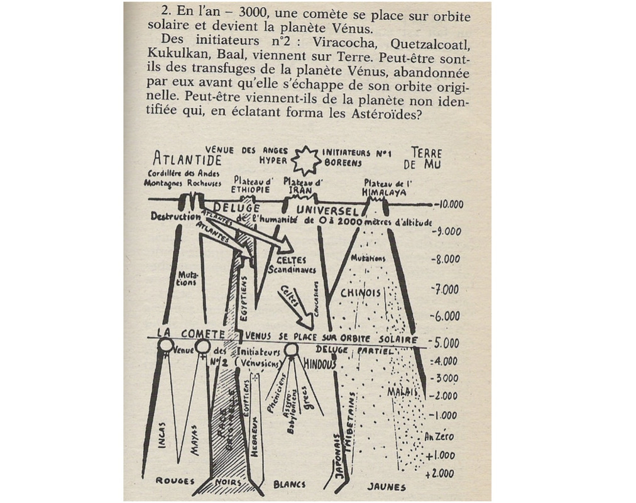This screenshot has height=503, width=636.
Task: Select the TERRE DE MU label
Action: pos(426,158)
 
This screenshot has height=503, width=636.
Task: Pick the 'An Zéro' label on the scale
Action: pos(439,436)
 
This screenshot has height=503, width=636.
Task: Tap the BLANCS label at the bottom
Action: pos(289,484)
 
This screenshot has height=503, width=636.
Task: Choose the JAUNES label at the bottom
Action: pos(386,486)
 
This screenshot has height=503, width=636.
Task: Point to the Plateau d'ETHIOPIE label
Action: pos(250,184)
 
